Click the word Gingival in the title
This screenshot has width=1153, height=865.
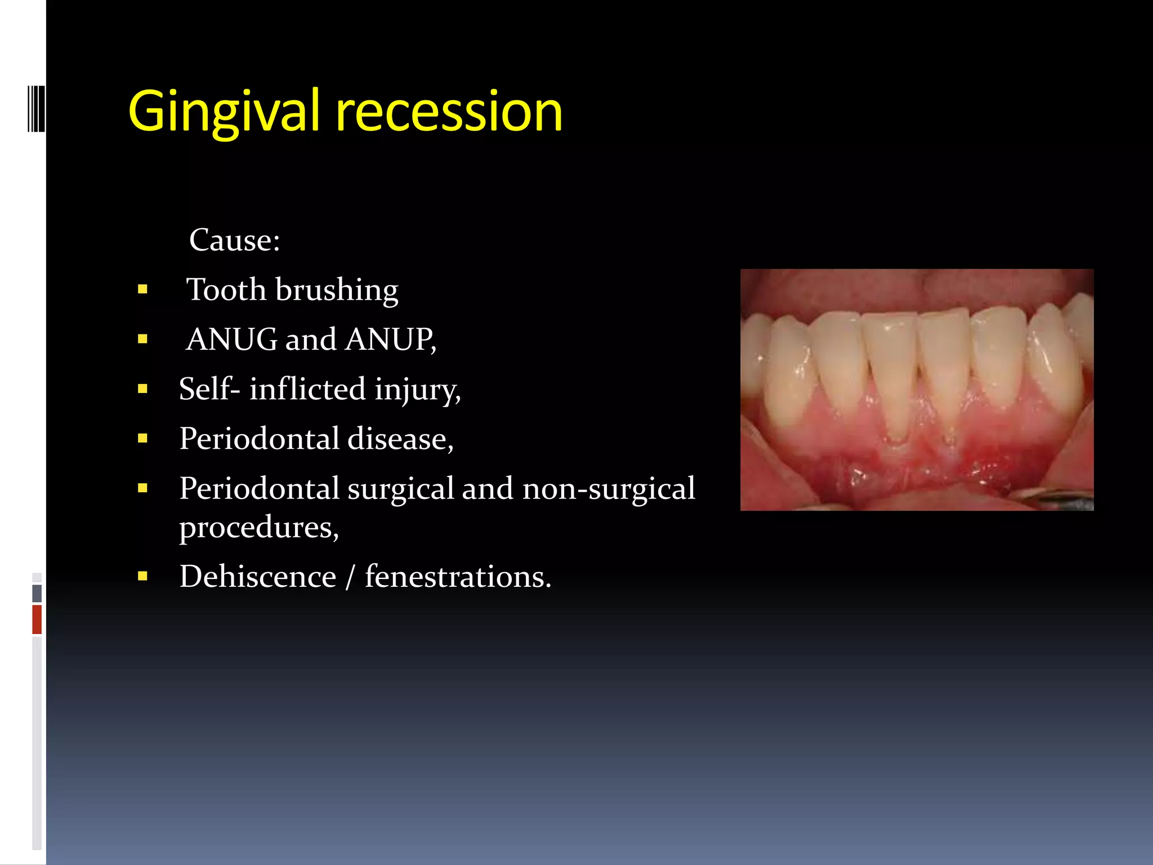pyautogui.click(x=224, y=112)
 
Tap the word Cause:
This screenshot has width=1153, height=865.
pyautogui.click(x=234, y=240)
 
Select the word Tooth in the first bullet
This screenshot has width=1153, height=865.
pyautogui.click(x=226, y=290)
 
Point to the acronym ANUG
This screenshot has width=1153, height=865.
pyautogui.click(x=231, y=340)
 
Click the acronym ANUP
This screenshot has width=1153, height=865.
pyautogui.click(x=390, y=340)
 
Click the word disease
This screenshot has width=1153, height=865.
pyautogui.click(x=400, y=439)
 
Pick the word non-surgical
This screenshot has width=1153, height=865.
pyautogui.click(x=609, y=488)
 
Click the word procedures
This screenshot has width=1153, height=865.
pyautogui.click(x=258, y=528)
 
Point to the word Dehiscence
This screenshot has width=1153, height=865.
pyautogui.click(x=257, y=577)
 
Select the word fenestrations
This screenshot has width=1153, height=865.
pyautogui.click(x=457, y=577)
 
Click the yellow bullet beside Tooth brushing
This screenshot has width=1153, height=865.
pyautogui.click(x=142, y=290)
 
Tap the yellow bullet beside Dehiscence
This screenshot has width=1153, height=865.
pyautogui.click(x=142, y=576)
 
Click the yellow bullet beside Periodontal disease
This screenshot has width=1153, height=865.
pyautogui.click(x=142, y=439)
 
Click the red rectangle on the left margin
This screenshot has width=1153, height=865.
pyautogui.click(x=37, y=619)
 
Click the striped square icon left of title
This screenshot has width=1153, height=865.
pyautogui.click(x=37, y=108)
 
